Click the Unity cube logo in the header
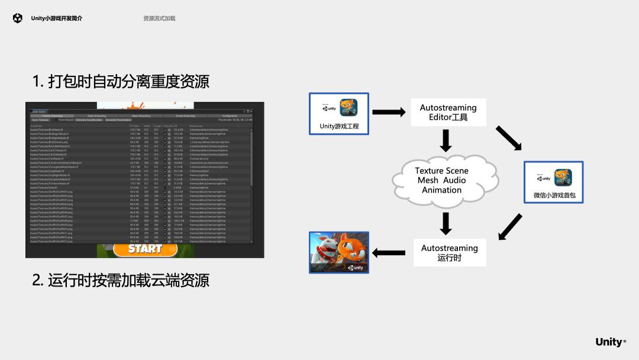[x=17, y=18]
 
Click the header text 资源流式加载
[x=159, y=18]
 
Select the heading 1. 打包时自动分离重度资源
[x=121, y=81]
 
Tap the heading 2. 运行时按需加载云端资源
[x=121, y=279]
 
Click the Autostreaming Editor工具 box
[x=448, y=112]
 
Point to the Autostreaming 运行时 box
[x=449, y=252]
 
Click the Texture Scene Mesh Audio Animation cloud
[x=441, y=180]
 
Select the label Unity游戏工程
[x=339, y=126]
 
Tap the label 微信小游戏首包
[x=554, y=195]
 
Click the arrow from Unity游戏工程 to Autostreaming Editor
[x=388, y=112]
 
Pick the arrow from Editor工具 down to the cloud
[x=447, y=140]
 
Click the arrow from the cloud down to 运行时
[x=447, y=223]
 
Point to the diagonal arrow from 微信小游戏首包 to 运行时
[x=511, y=227]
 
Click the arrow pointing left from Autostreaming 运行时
[x=389, y=253]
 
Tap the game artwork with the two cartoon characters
[x=339, y=252]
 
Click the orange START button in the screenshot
[x=145, y=249]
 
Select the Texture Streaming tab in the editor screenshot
[x=52, y=115]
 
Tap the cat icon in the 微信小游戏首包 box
[x=563, y=178]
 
